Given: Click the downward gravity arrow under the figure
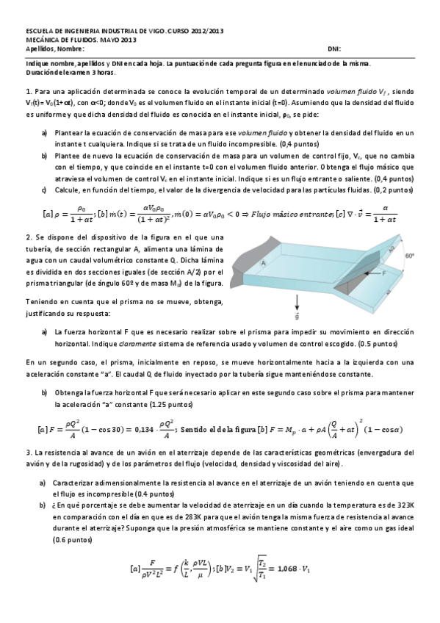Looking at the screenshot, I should click(297, 302).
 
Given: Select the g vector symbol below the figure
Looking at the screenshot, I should click(297, 317).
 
